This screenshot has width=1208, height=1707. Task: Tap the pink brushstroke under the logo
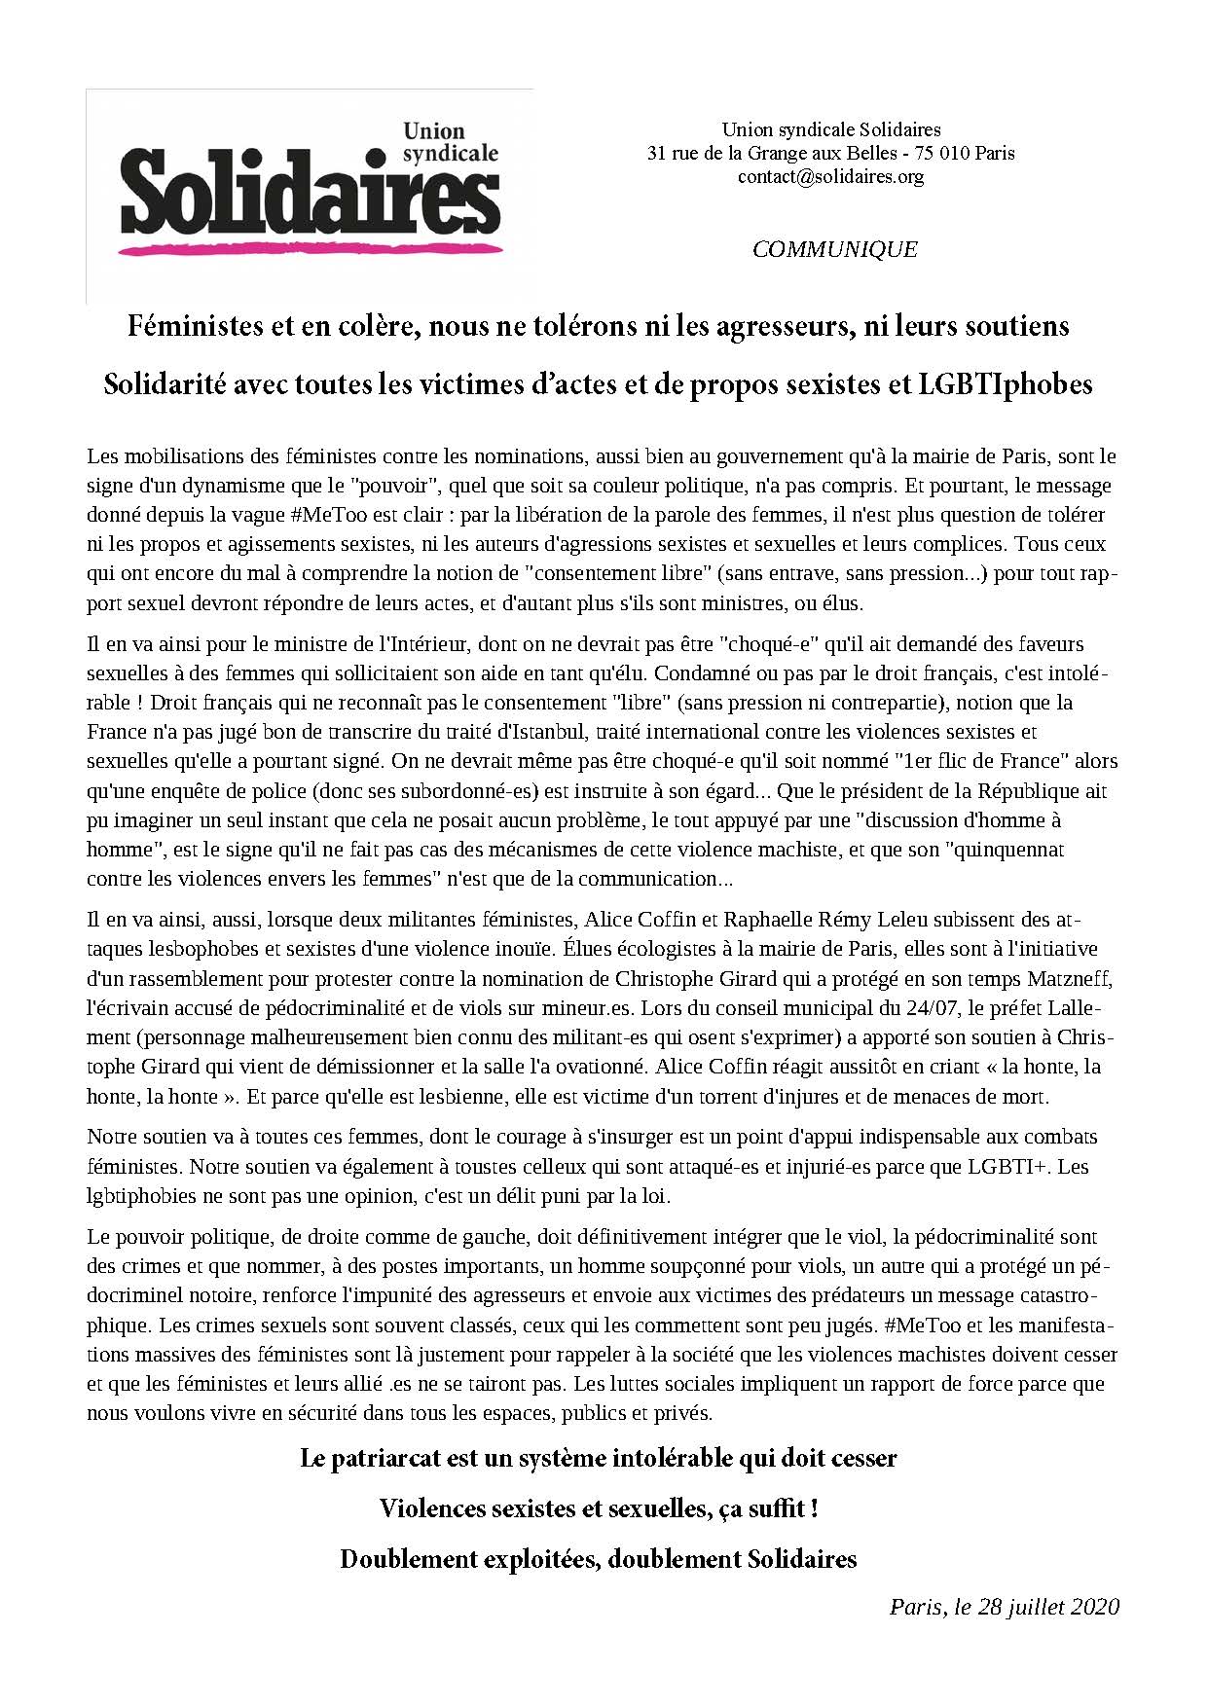(x=310, y=249)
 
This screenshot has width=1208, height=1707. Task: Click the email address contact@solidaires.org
(x=830, y=177)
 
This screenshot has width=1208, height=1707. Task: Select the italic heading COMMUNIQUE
(x=834, y=249)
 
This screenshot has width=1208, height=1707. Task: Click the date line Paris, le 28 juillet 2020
(x=1004, y=1606)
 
